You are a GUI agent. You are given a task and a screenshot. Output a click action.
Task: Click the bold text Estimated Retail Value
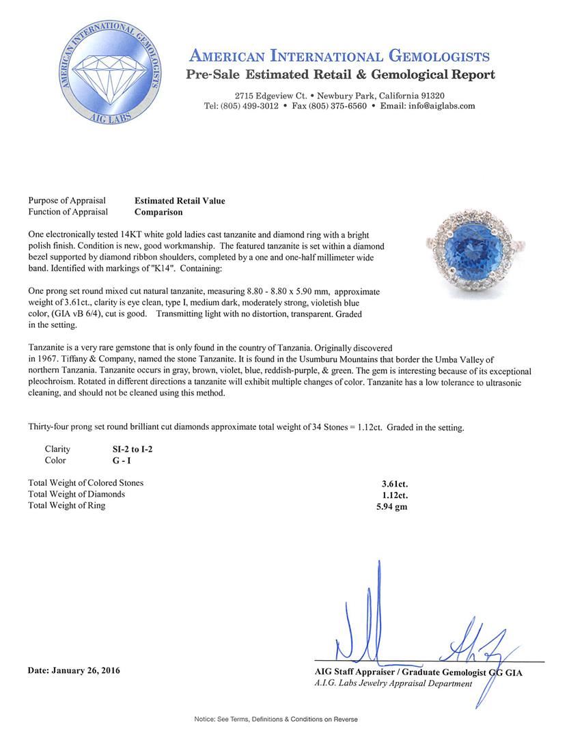click(x=180, y=201)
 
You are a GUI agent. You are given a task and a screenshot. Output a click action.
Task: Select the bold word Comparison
click(x=158, y=212)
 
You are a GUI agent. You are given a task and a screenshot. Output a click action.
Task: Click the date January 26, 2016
click(x=74, y=670)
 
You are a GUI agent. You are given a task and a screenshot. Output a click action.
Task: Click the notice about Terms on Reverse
click(x=276, y=719)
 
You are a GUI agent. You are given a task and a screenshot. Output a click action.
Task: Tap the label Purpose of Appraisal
click(x=67, y=201)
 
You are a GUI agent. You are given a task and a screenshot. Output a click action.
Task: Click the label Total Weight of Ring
click(x=67, y=506)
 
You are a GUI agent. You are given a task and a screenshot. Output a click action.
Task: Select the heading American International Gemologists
click(x=339, y=56)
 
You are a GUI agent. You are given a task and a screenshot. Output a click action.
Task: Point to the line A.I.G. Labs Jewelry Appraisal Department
click(x=389, y=684)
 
